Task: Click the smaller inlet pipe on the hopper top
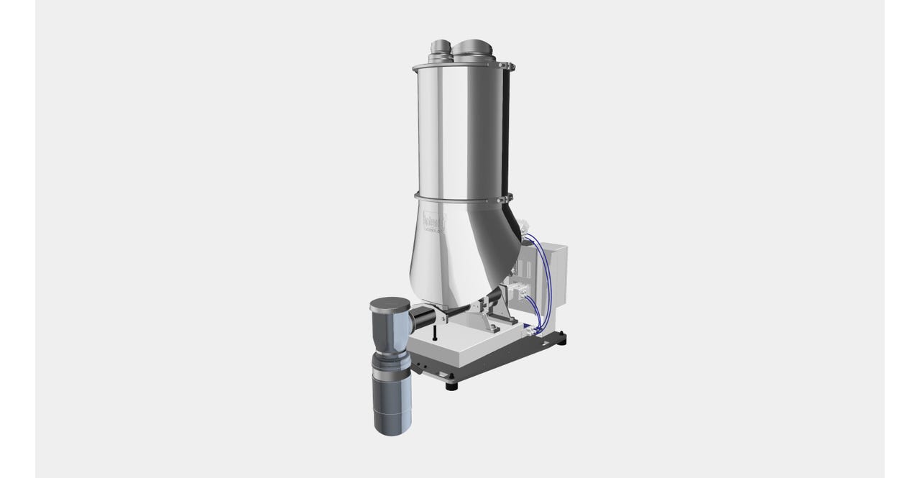[438, 50]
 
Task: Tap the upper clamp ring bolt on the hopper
[512, 68]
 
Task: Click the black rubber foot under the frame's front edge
[451, 386]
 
